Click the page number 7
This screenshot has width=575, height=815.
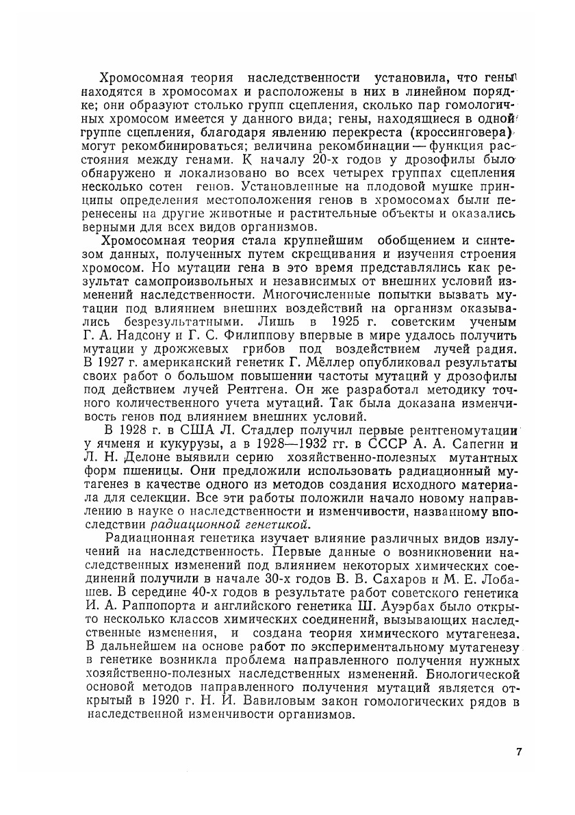tap(519, 753)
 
